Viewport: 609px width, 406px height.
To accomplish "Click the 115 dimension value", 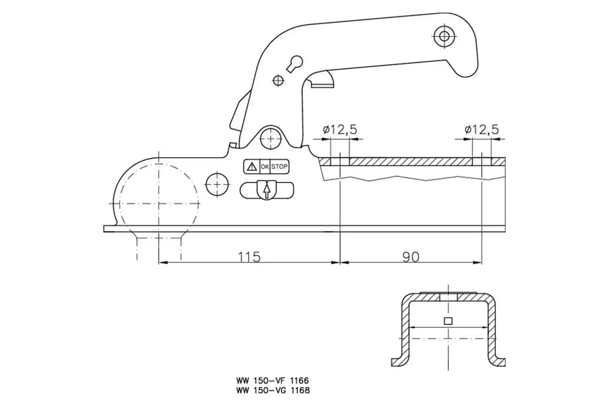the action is (249, 257).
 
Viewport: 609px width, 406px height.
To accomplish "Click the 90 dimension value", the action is (411, 257).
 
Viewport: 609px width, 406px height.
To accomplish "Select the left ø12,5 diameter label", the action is (340, 129).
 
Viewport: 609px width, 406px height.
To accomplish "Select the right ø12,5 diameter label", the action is (481, 129).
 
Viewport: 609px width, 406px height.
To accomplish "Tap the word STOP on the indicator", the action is (279, 167).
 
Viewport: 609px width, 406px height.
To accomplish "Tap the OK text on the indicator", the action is (265, 167).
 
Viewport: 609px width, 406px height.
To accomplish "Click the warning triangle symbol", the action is (252, 166).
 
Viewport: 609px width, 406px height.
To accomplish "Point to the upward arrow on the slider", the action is (267, 191).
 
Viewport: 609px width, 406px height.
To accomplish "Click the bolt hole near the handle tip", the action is (444, 36).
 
